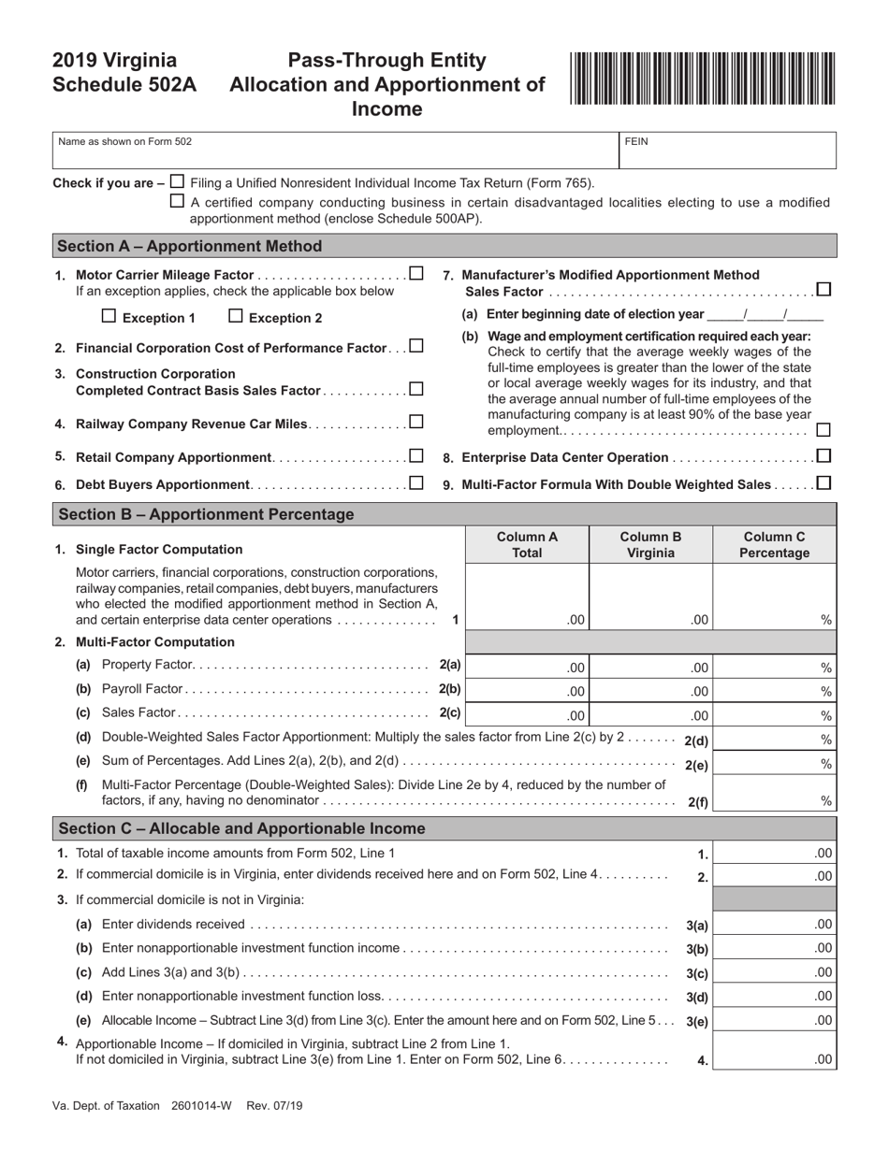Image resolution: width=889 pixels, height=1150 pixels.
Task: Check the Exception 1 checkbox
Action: pyautogui.click(x=109, y=316)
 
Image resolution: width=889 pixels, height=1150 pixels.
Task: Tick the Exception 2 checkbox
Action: pyautogui.click(x=236, y=316)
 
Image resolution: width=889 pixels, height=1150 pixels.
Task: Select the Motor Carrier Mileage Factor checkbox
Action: pyautogui.click(x=416, y=273)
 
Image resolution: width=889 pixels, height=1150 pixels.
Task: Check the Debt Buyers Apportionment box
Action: pyautogui.click(x=416, y=483)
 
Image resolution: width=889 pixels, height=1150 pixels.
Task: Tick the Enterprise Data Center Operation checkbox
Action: pyautogui.click(x=823, y=456)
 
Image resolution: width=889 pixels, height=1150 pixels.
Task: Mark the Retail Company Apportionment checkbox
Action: pyautogui.click(x=416, y=456)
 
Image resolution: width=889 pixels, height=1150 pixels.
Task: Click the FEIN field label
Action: pyautogui.click(x=636, y=141)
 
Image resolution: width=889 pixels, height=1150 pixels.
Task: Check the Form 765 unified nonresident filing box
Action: pyautogui.click(x=178, y=181)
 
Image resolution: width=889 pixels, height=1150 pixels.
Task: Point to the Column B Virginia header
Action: pyautogui.click(x=650, y=544)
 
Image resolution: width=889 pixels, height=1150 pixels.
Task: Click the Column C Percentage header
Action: pyautogui.click(x=774, y=544)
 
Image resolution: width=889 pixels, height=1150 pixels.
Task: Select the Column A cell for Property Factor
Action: pyautogui.click(x=527, y=667)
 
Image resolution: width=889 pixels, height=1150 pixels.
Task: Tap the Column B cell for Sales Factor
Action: pyautogui.click(x=650, y=715)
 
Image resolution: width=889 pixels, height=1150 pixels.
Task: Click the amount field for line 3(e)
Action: pyautogui.click(x=774, y=1020)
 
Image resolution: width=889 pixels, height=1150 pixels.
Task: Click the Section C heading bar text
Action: pyautogui.click(x=241, y=828)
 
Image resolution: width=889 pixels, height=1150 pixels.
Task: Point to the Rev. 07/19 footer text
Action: pyautogui.click(x=271, y=1106)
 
